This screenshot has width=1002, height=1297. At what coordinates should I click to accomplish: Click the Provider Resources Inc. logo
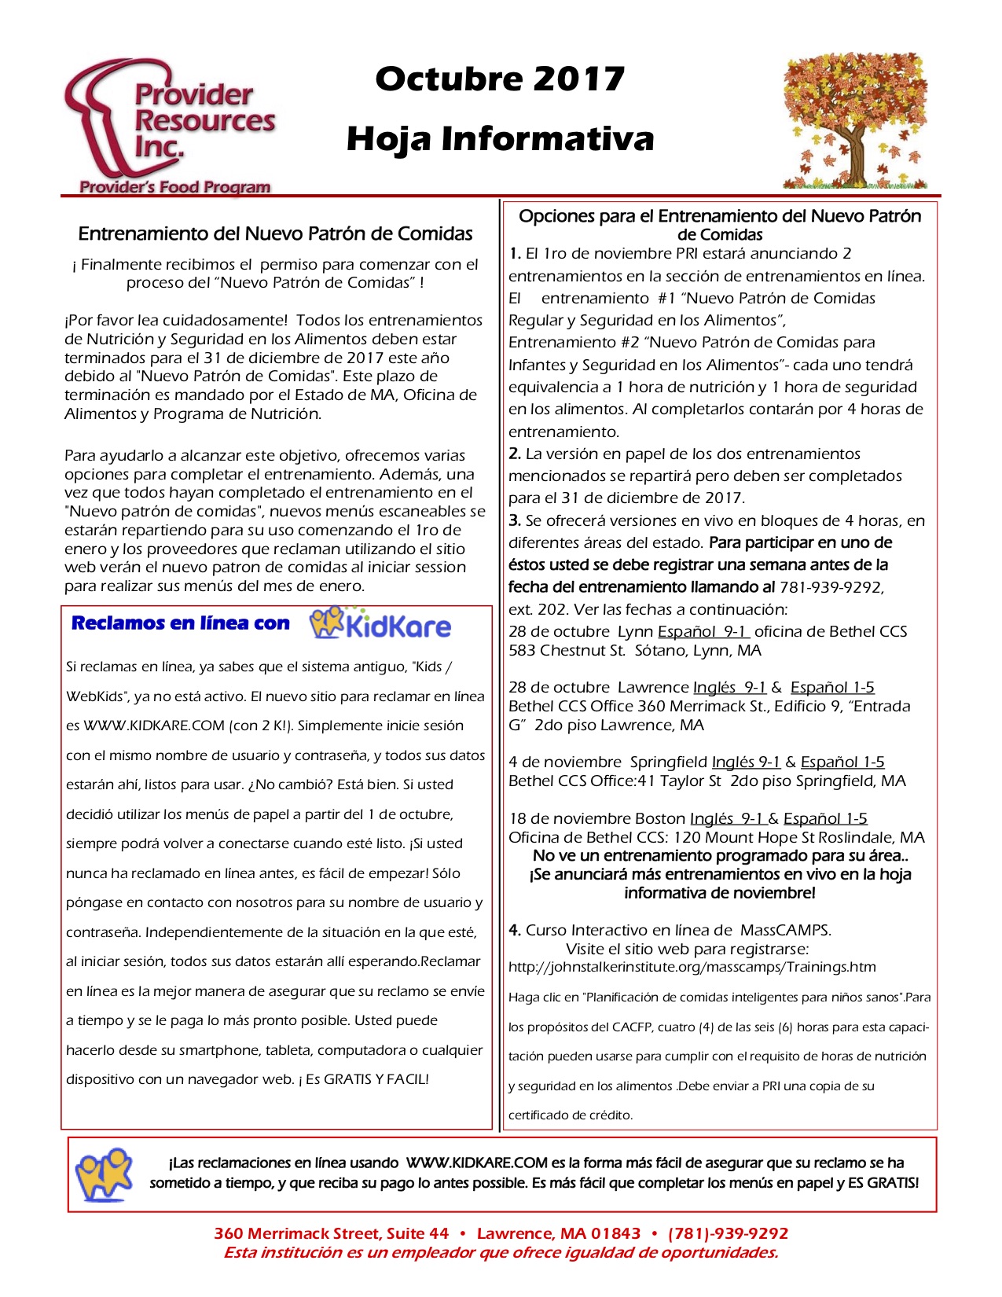[169, 126]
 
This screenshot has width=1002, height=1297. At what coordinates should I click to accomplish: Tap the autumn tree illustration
[855, 121]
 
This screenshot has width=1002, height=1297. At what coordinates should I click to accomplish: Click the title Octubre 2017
[500, 79]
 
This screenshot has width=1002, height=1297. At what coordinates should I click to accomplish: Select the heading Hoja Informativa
[500, 138]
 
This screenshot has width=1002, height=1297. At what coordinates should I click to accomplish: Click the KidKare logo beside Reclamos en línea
[380, 624]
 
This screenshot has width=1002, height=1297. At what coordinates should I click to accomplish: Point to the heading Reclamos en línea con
[180, 623]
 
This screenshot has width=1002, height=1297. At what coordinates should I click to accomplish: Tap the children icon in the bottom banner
[103, 1174]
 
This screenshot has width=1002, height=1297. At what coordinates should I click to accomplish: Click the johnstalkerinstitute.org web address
[692, 967]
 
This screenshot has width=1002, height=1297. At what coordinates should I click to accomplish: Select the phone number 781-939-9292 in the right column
[831, 587]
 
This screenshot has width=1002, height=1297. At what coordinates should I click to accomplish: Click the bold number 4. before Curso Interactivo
[515, 930]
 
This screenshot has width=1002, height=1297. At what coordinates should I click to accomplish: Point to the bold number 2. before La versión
[515, 454]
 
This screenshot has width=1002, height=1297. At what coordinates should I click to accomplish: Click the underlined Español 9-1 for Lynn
[703, 631]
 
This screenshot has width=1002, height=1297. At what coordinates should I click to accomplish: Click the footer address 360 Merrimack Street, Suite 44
[331, 1233]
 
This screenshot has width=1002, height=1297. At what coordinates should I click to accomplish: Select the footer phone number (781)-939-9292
[728, 1233]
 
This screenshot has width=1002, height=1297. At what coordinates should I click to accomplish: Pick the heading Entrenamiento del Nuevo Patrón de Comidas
[275, 233]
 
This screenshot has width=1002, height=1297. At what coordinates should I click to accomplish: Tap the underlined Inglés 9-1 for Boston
[727, 818]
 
